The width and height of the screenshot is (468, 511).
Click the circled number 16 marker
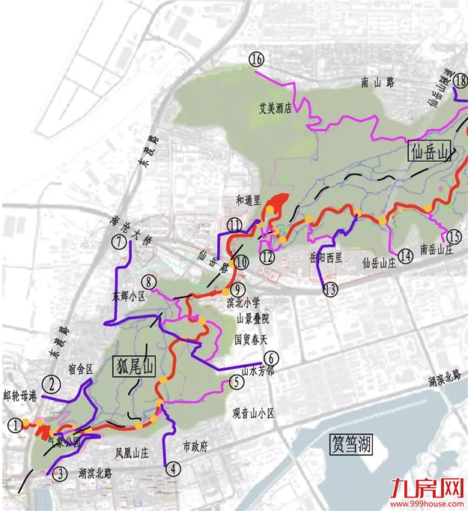tap(257, 59)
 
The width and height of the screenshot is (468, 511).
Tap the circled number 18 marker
tap(460, 81)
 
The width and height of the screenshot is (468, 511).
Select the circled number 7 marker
tap(119, 242)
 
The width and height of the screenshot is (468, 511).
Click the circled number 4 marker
tap(174, 470)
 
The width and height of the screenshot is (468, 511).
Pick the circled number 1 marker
tap(15, 425)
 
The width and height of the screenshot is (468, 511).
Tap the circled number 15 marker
tap(453, 237)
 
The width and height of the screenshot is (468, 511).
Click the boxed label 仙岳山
tap(430, 153)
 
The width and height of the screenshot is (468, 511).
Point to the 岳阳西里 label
tap(325, 257)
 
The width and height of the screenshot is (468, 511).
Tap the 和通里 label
tap(246, 200)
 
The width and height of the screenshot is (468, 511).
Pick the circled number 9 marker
tap(237, 289)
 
